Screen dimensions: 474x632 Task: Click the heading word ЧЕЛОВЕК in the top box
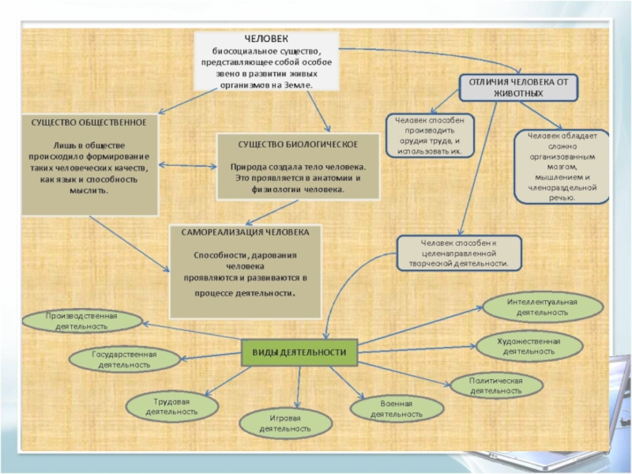click(x=266, y=38)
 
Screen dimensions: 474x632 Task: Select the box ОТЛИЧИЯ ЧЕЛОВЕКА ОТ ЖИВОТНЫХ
click(x=518, y=87)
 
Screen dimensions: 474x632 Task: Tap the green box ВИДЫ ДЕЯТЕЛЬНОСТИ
click(x=299, y=351)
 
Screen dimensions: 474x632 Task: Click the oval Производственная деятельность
click(x=81, y=321)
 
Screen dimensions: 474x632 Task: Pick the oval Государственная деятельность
click(x=124, y=359)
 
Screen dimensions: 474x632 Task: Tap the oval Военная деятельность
click(x=397, y=408)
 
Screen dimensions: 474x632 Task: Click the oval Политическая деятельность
click(x=496, y=386)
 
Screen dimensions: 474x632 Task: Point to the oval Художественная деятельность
click(x=529, y=346)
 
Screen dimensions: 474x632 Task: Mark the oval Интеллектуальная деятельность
click(x=542, y=307)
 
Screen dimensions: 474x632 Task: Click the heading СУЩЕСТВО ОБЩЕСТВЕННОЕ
click(x=89, y=123)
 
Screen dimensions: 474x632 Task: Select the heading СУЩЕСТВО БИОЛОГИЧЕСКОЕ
click(x=298, y=145)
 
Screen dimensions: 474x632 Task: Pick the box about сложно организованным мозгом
click(x=562, y=166)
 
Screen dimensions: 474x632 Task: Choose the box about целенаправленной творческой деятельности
click(x=459, y=253)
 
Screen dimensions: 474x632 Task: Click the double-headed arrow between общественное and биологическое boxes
click(x=187, y=166)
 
